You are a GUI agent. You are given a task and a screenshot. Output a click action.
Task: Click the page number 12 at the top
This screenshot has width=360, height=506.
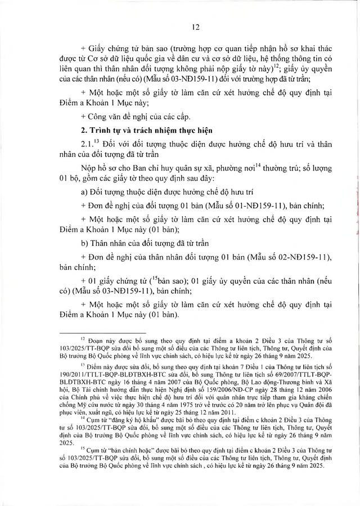coord(181,26)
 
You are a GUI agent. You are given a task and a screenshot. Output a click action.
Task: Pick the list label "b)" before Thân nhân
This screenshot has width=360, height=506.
coord(85,245)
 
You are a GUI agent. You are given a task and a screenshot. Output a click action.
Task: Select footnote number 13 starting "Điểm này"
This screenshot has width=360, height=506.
coord(82,364)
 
